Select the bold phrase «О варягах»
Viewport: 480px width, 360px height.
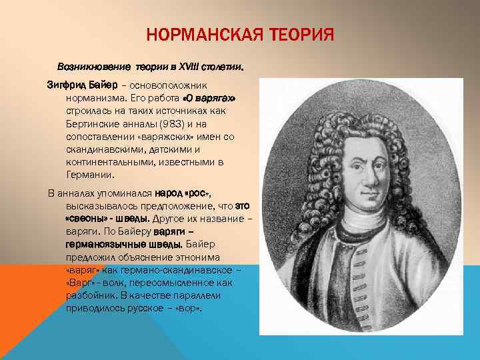[209, 98]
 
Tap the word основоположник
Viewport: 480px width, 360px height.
[177, 85]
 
